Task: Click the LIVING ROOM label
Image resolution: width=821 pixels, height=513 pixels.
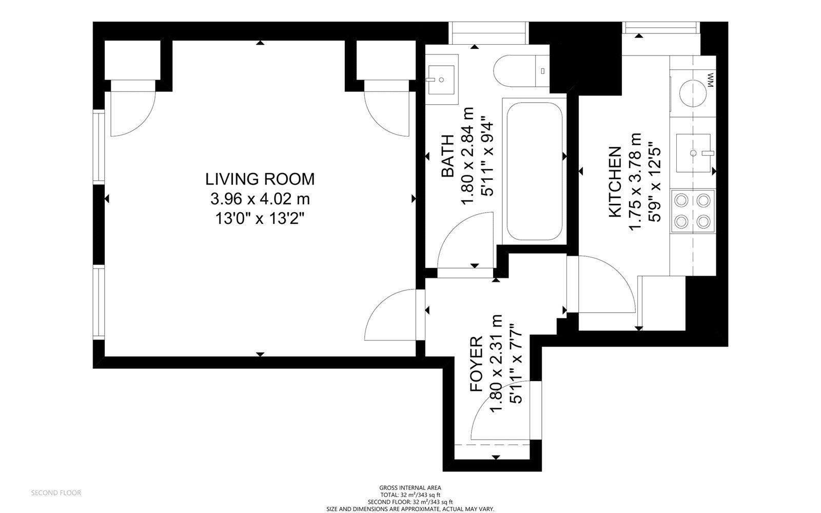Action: [260, 179]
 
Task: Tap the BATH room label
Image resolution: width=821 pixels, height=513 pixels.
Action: [448, 156]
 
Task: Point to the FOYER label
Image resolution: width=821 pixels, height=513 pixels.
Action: [477, 365]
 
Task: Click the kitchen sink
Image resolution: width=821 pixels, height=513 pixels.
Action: [693, 153]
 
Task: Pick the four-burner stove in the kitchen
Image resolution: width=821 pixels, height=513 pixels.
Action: [693, 210]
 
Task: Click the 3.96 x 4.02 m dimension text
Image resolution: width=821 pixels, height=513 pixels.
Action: [260, 199]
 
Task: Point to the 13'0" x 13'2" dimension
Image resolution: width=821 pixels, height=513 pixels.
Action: [260, 219]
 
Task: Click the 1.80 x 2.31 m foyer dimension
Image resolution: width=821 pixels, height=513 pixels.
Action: [496, 365]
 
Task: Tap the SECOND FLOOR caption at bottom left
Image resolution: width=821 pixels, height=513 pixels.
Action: [56, 493]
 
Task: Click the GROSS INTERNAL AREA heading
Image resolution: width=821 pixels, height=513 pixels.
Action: [410, 488]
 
